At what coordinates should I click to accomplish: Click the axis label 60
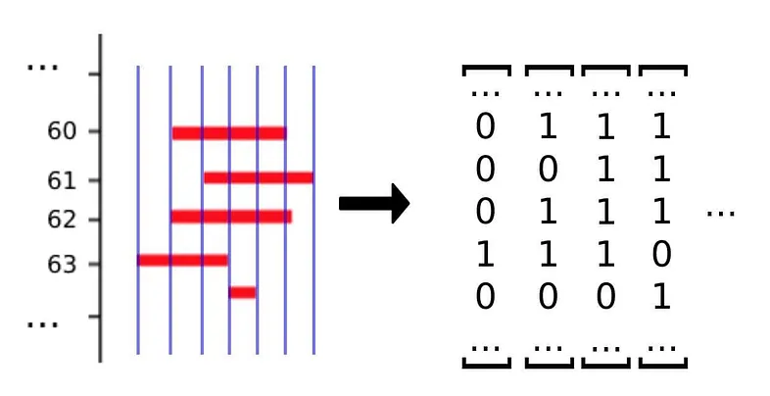tap(61, 130)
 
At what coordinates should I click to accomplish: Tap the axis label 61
tap(61, 179)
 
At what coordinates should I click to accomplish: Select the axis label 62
tap(61, 219)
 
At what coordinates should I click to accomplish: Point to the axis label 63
tap(61, 264)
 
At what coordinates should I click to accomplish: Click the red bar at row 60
tap(229, 132)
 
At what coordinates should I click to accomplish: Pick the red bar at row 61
tap(259, 177)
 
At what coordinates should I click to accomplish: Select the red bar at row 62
tap(231, 216)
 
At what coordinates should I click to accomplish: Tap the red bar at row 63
tap(183, 260)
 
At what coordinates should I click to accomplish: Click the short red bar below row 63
tap(243, 292)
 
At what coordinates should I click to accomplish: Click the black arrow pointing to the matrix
tap(373, 203)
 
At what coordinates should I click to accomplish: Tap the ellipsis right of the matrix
tap(720, 212)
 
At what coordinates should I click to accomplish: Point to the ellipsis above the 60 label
tap(42, 68)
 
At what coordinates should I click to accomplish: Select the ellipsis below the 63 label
tap(42, 322)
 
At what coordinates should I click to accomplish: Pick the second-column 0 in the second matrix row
tap(547, 171)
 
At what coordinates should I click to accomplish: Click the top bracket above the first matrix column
tap(487, 70)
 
